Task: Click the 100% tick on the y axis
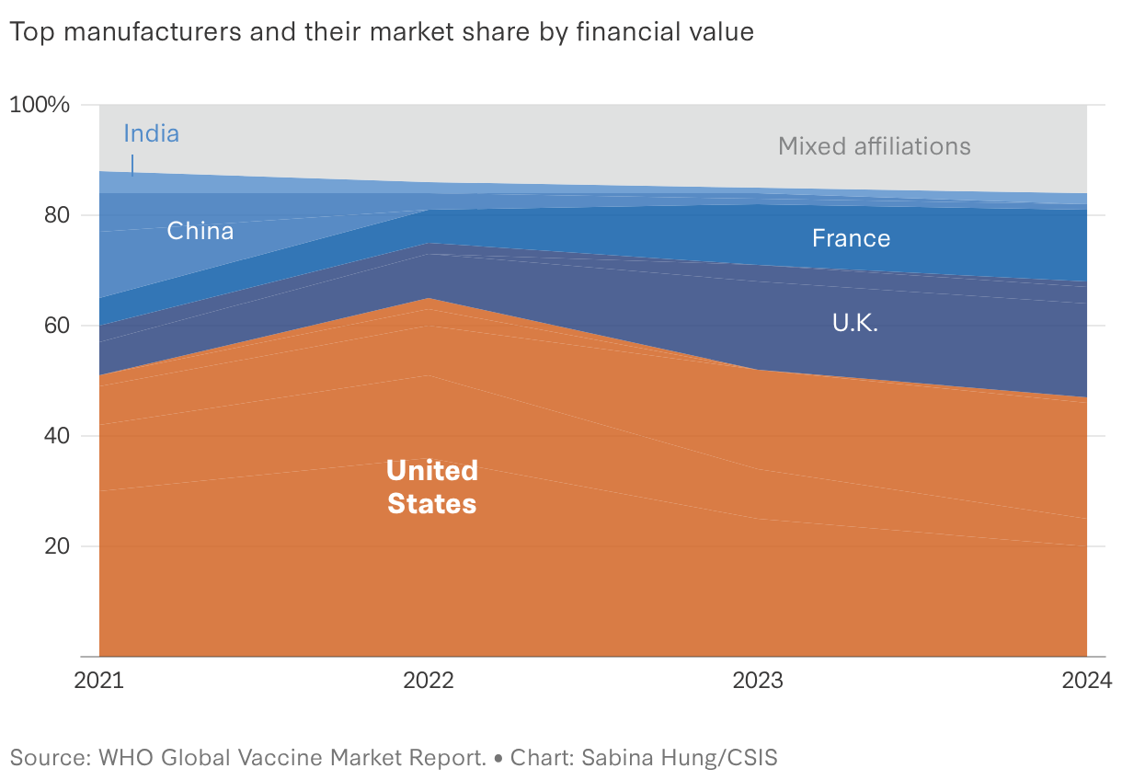pyautogui.click(x=40, y=105)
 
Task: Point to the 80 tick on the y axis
pyautogui.click(x=57, y=215)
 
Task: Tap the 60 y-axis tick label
pyautogui.click(x=57, y=326)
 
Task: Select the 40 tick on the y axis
pyautogui.click(x=57, y=436)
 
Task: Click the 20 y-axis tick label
pyautogui.click(x=57, y=546)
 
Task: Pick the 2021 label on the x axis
pyautogui.click(x=98, y=681)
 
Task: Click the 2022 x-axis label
pyautogui.click(x=429, y=681)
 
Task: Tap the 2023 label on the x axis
pyautogui.click(x=758, y=681)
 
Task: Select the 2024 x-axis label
pyautogui.click(x=1087, y=681)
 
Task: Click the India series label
pyautogui.click(x=151, y=133)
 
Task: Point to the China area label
pyautogui.click(x=200, y=231)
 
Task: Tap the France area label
pyautogui.click(x=851, y=238)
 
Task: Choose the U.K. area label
pyautogui.click(x=855, y=323)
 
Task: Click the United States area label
pyautogui.click(x=431, y=487)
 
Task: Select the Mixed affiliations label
pyautogui.click(x=874, y=146)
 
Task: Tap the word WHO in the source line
pyautogui.click(x=126, y=757)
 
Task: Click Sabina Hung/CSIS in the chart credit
pyautogui.click(x=680, y=757)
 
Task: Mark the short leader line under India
pyautogui.click(x=132, y=166)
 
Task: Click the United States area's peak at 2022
pyautogui.click(x=429, y=299)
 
